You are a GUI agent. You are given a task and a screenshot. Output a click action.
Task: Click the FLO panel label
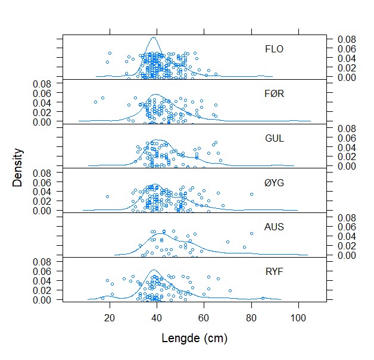[x=274, y=49]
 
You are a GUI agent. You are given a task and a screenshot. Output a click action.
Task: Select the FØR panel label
[x=274, y=93]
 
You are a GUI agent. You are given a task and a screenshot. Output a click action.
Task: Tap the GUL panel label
[x=274, y=138]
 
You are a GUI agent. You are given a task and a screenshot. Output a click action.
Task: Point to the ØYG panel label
[x=274, y=183]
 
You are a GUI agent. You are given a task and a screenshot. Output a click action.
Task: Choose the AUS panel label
[x=274, y=227]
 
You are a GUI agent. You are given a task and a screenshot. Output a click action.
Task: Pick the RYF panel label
[x=274, y=272]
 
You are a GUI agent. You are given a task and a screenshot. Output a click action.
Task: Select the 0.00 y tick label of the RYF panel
[x=43, y=300]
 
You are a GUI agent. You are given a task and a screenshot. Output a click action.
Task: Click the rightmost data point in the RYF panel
[x=263, y=298]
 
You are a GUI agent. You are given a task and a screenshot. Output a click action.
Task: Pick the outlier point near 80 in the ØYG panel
[x=251, y=194]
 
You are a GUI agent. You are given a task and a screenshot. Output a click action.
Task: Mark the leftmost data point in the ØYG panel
[x=108, y=196]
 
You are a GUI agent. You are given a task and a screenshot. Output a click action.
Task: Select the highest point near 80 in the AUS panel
[x=251, y=233]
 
